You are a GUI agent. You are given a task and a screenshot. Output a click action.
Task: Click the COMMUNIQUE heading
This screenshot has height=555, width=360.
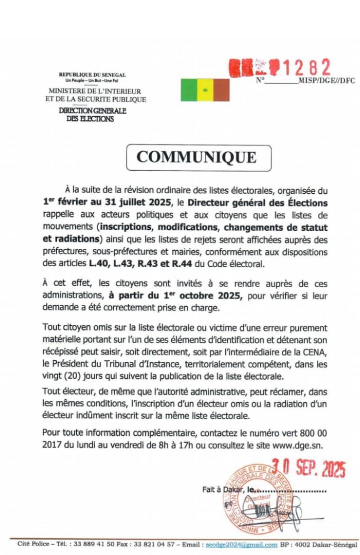click(196, 157)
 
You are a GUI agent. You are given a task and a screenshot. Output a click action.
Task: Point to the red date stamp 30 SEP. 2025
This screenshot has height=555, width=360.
click(309, 468)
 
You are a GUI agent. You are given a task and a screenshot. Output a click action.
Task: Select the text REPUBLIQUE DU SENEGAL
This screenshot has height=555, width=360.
click(92, 75)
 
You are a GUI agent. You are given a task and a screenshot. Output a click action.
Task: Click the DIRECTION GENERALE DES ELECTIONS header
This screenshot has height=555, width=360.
click(92, 115)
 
